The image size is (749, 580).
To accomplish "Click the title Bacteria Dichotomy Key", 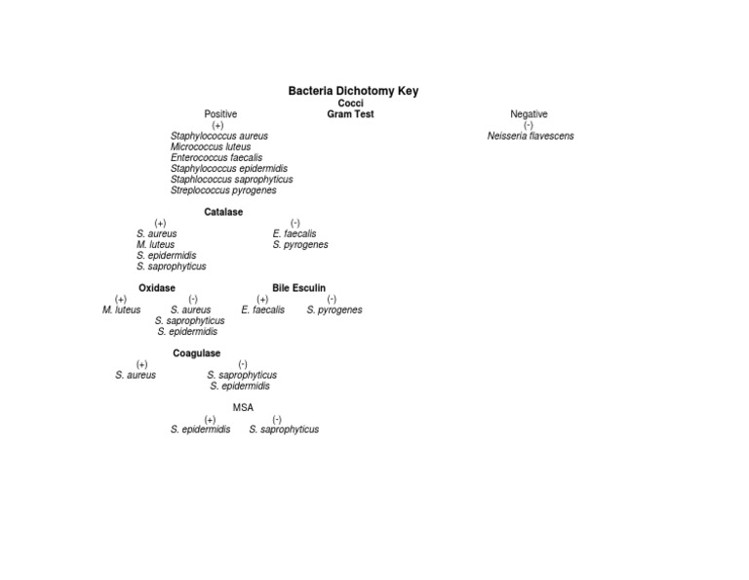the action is coord(353,91).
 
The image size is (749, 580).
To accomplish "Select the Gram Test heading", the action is coord(350,114).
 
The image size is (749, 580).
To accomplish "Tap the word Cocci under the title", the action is coord(351,104).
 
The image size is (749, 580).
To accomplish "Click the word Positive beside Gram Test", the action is coord(220,114).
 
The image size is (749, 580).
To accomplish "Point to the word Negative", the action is coord(529,114).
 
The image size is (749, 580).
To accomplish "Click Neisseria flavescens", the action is coord(531,136).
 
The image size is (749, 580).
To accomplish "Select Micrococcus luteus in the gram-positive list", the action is coord(211,146).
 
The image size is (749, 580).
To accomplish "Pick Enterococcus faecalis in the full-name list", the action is coord(216,158).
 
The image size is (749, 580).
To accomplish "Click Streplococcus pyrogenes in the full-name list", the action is coord(223,190).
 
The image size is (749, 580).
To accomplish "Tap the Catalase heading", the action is coord(223,212).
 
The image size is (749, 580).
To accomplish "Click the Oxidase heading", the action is coord(157,288).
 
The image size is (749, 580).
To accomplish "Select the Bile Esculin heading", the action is coord(298,288).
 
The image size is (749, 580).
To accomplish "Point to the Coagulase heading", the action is coord(196,353).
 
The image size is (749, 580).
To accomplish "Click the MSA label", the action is coord(243,408).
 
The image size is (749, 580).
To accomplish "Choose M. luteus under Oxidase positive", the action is coord(121,310).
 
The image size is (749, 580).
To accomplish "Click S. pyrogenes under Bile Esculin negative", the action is coord(335,310).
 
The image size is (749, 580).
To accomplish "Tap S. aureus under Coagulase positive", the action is coord(136,375).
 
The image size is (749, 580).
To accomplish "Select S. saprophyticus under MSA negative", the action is coord(284,430).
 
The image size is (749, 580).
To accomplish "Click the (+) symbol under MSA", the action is coord(210,419).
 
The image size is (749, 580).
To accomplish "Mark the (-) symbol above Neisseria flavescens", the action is coord(528,125).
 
